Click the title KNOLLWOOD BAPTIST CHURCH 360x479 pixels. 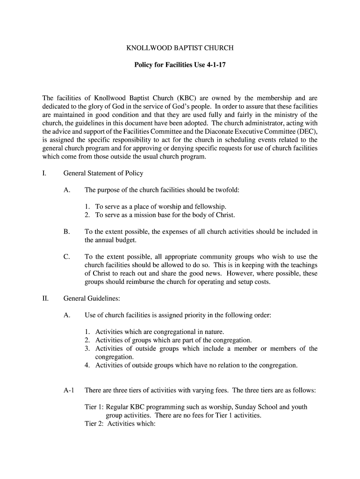pyautogui.click(x=180, y=48)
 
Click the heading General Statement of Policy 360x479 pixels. pyautogui.click(x=103, y=173)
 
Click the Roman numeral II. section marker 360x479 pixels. pyautogui.click(x=45, y=298)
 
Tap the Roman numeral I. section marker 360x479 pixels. pyautogui.click(x=44, y=173)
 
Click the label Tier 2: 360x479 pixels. pyautogui.click(x=94, y=424)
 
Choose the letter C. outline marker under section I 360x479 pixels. pyautogui.click(x=66, y=257)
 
